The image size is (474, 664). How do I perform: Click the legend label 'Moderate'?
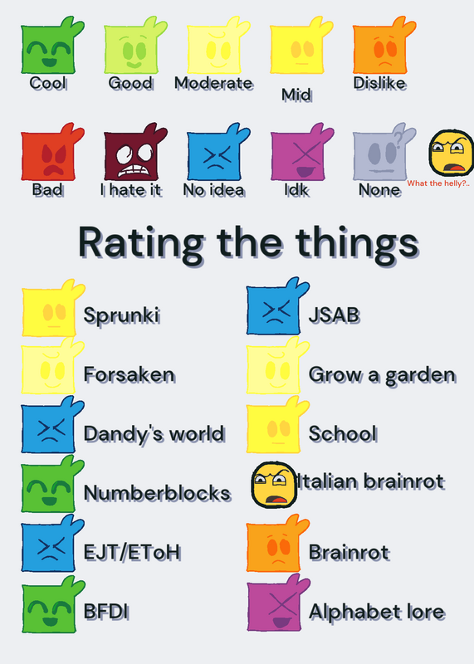click(214, 83)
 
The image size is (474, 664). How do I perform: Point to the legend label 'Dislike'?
click(380, 83)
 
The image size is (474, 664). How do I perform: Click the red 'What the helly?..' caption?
click(438, 183)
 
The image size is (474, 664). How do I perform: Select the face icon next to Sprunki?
click(51, 310)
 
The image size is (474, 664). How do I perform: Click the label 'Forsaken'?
click(129, 374)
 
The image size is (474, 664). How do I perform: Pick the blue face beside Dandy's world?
click(51, 427)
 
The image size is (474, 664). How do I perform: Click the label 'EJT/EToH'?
click(132, 552)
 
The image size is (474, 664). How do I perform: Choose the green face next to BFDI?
click(51, 606)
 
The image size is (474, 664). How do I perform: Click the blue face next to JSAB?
click(276, 308)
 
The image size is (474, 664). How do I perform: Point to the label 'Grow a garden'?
click(383, 376)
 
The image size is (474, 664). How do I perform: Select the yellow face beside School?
click(276, 427)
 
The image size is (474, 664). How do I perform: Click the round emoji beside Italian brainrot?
click(274, 485)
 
